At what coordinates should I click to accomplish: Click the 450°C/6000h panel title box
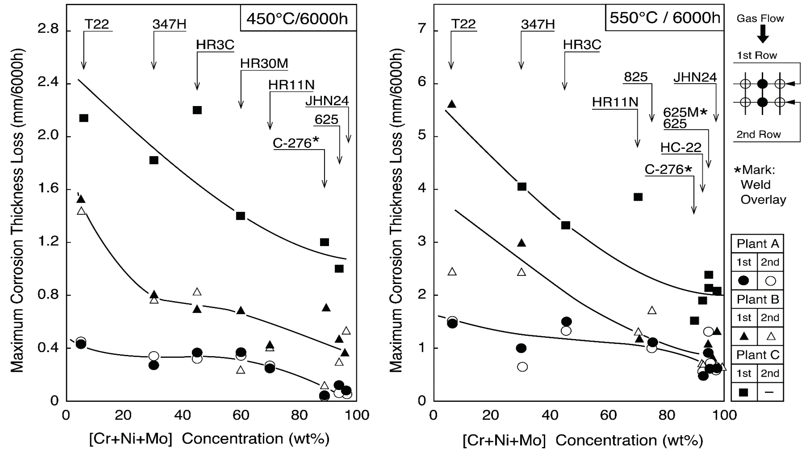(x=298, y=18)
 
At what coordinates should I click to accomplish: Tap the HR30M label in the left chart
(x=264, y=63)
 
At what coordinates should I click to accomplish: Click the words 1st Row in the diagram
(x=757, y=55)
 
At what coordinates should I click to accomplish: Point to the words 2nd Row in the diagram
(x=758, y=135)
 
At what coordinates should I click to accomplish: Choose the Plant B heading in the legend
(x=757, y=299)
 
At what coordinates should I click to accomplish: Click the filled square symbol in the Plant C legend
(x=744, y=392)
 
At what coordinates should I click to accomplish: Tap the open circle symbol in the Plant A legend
(x=770, y=281)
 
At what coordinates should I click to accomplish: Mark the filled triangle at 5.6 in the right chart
(x=451, y=104)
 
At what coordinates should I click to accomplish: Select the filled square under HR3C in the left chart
(x=197, y=110)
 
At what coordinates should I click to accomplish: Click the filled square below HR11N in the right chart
(x=638, y=197)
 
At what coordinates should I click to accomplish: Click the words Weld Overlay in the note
(x=763, y=192)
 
